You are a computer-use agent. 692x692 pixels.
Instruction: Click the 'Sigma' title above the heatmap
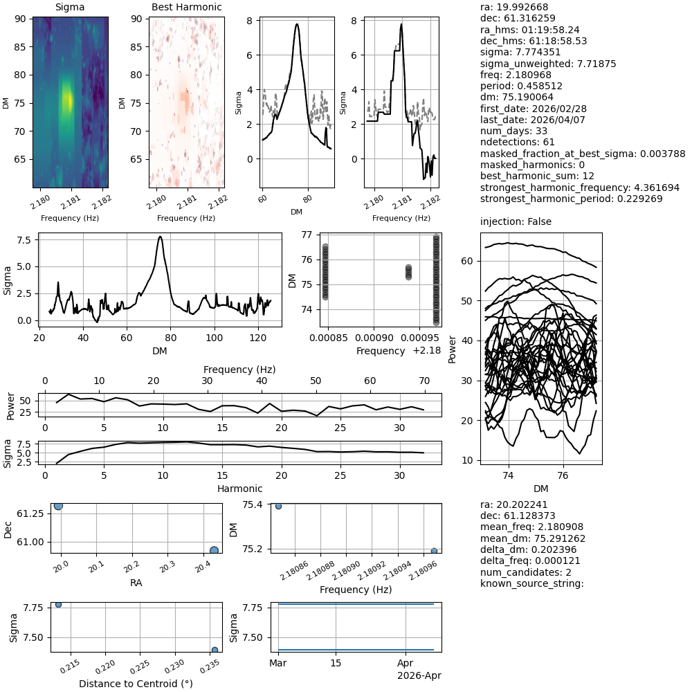click(x=70, y=8)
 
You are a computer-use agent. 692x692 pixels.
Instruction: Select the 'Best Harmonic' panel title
click(x=187, y=8)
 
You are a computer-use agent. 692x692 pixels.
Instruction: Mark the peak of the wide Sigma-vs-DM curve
click(x=161, y=237)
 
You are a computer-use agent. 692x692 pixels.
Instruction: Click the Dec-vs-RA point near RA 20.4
click(x=214, y=550)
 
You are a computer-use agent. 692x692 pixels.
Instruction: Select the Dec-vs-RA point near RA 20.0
click(x=58, y=506)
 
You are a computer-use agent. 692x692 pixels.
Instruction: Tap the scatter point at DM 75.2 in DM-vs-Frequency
click(x=434, y=551)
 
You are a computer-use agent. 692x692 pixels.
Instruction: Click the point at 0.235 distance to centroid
click(x=215, y=650)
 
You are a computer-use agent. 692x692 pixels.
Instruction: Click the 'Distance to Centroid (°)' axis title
click(x=136, y=684)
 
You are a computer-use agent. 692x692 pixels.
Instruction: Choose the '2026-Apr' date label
click(x=419, y=675)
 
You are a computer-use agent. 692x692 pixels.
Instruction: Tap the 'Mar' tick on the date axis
click(x=277, y=664)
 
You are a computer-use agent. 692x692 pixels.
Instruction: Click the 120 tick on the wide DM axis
click(x=257, y=338)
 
